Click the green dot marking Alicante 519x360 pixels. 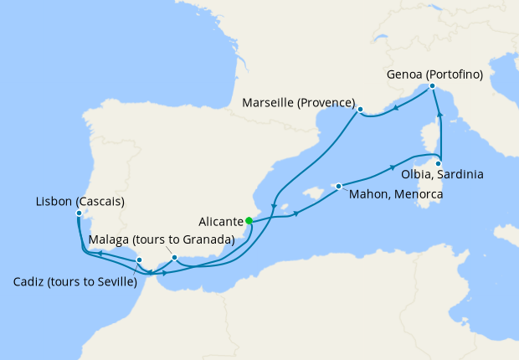coord(249,221)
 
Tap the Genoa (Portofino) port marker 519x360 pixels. coord(432,86)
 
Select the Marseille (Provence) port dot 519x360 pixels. coord(360,109)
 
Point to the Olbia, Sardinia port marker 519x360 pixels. coord(438,163)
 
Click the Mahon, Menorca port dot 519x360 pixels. coord(338,186)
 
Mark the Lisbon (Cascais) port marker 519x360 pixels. coord(79,213)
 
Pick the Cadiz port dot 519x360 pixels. coord(139,260)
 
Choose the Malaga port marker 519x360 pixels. coord(174,257)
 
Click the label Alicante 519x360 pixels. coord(222,222)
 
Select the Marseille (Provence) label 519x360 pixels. coord(297,103)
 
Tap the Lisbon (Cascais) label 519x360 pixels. coord(80,201)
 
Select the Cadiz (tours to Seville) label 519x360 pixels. coord(75,280)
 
